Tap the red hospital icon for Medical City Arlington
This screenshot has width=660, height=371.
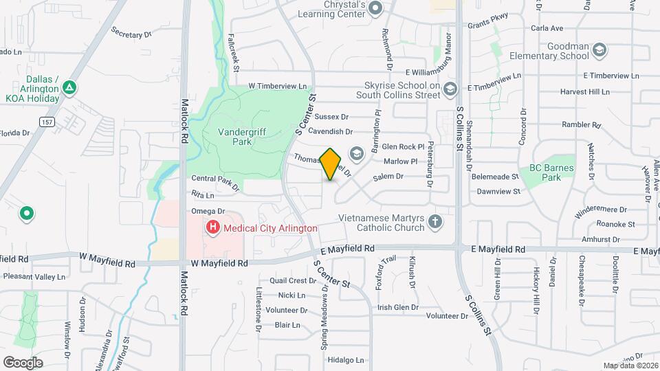(x=213, y=227)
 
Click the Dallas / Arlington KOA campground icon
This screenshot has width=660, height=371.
(x=69, y=88)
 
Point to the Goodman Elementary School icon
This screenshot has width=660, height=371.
(x=600, y=49)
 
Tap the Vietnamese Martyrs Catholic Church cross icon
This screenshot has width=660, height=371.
(x=434, y=221)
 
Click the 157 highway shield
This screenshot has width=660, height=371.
(x=47, y=122)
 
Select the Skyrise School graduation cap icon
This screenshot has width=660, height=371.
(x=450, y=88)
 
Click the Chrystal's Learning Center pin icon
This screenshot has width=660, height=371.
(x=375, y=8)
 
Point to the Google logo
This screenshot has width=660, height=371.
(x=23, y=362)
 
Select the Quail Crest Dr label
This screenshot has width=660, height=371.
(x=293, y=280)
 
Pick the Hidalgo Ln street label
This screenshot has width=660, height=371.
(x=345, y=360)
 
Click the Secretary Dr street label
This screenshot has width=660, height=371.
(x=131, y=34)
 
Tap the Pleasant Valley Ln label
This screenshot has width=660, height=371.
(x=34, y=277)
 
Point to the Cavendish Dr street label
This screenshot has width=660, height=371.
(x=330, y=131)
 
